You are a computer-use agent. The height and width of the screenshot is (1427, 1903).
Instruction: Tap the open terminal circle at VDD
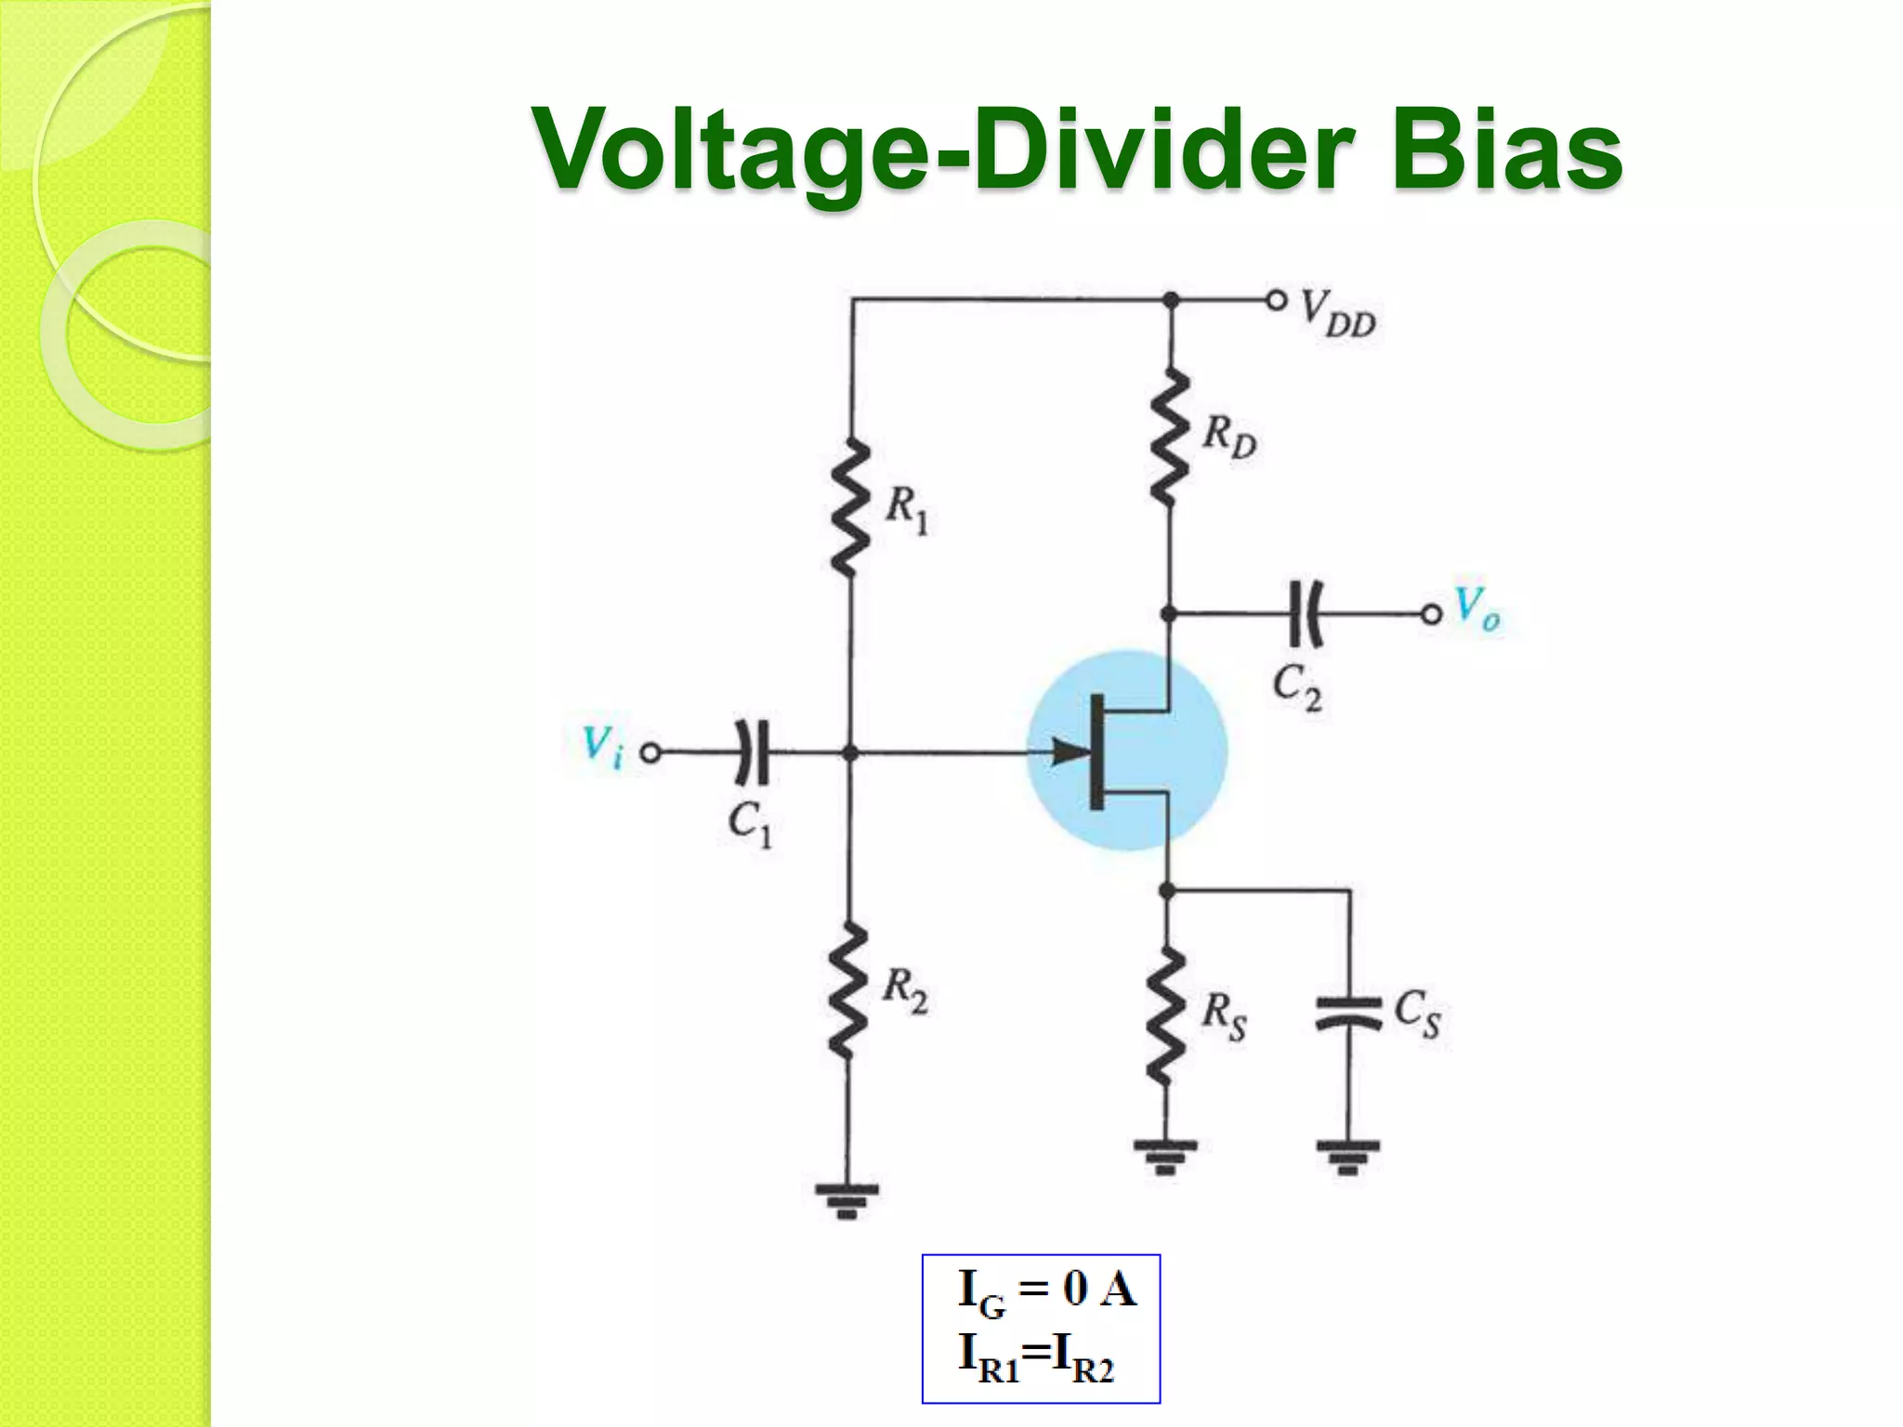tap(1277, 300)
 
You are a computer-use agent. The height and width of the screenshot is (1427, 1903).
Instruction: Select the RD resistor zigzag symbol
tap(1170, 437)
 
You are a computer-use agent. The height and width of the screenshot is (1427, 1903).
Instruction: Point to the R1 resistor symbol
tap(850, 509)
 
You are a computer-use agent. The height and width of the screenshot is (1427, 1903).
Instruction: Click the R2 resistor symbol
tap(848, 990)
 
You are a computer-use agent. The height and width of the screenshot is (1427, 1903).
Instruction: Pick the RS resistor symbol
tap(1166, 1016)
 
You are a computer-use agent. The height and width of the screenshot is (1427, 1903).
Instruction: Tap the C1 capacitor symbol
tap(753, 752)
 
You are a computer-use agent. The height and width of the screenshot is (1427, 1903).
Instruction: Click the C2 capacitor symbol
tap(1306, 613)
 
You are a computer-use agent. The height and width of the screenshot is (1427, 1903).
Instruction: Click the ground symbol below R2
tap(847, 1199)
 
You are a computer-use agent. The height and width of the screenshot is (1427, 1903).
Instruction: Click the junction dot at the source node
tap(1167, 890)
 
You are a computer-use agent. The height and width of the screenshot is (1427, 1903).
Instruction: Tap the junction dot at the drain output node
tap(1170, 613)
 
